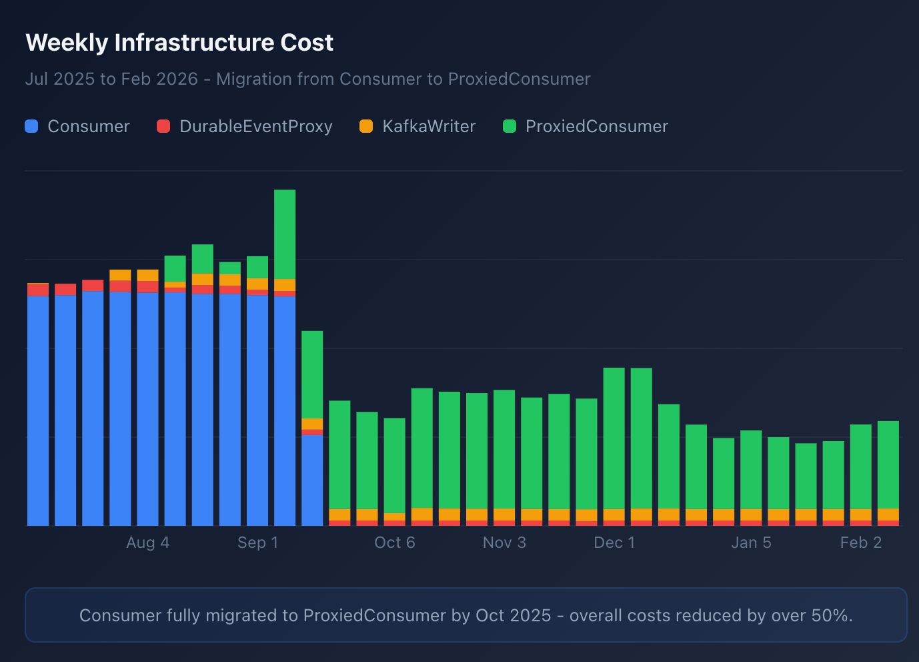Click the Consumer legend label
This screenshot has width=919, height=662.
(89, 126)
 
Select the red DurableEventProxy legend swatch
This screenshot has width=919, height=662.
(163, 126)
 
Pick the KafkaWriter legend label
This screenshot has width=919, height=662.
(429, 126)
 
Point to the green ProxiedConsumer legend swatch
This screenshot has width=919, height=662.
(510, 126)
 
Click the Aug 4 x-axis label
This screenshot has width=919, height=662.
(148, 543)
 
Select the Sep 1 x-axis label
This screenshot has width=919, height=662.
(257, 543)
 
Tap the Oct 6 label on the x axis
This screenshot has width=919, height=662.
(395, 543)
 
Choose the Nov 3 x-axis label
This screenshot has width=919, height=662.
(504, 543)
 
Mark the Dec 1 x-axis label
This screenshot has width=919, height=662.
(614, 543)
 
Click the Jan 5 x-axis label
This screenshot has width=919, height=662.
(751, 543)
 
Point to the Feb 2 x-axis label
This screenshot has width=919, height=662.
(861, 543)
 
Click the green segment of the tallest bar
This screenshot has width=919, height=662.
(285, 234)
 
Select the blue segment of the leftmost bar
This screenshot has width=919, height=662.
(38, 410)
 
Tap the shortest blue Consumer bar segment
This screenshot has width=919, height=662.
(312, 480)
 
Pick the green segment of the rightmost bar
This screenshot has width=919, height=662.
(888, 464)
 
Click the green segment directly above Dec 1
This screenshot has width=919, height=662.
(614, 438)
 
